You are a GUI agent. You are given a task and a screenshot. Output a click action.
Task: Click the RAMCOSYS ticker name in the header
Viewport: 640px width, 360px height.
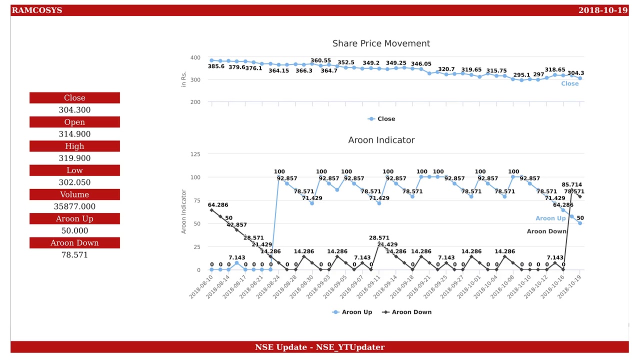click(x=37, y=10)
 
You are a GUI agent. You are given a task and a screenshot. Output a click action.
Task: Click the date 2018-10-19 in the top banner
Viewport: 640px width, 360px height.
click(x=602, y=10)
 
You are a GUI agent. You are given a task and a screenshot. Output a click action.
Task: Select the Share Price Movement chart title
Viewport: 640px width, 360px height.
click(x=381, y=43)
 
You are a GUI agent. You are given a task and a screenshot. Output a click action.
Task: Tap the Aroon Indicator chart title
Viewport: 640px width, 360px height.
click(x=381, y=140)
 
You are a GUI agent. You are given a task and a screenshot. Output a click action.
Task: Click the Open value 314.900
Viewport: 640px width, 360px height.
click(x=74, y=134)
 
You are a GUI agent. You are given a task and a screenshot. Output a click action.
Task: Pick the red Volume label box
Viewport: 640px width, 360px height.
click(x=74, y=194)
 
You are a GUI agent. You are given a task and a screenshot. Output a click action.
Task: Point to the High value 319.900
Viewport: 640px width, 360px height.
click(x=74, y=158)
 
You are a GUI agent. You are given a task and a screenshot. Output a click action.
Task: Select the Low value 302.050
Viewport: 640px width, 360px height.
click(x=74, y=182)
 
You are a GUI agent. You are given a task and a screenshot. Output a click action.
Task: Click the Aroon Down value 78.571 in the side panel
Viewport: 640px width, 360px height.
click(x=74, y=255)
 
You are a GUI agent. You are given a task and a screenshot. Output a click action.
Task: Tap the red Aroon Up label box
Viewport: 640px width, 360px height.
click(x=74, y=219)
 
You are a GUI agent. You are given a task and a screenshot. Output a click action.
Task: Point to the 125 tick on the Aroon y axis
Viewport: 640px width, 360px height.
click(x=195, y=154)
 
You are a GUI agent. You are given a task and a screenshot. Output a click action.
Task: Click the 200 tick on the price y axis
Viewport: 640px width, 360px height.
click(x=195, y=102)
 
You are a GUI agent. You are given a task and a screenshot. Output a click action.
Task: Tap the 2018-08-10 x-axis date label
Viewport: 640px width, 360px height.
click(x=201, y=287)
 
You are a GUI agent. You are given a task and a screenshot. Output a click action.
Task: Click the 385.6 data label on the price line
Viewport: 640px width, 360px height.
click(x=216, y=66)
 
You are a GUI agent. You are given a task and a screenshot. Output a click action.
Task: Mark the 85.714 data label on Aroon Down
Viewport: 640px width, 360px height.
click(x=571, y=184)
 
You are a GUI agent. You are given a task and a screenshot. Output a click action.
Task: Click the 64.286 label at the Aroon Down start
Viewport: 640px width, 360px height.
click(x=218, y=205)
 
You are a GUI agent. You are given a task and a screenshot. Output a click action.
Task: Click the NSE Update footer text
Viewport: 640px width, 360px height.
click(x=319, y=347)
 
